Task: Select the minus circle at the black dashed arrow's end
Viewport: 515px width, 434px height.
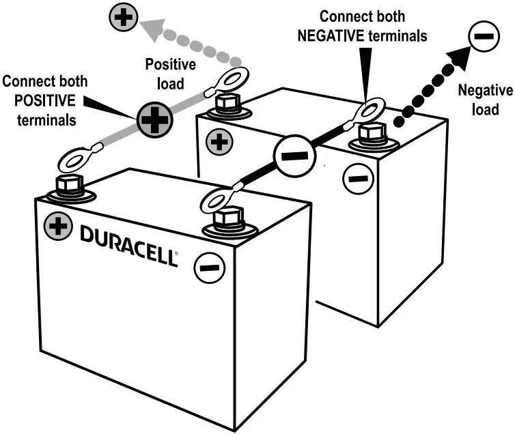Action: (x=482, y=37)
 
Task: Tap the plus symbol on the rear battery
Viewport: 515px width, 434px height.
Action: (x=219, y=142)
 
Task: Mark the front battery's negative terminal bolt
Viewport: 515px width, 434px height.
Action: (x=227, y=219)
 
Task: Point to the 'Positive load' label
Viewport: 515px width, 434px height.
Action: (x=171, y=74)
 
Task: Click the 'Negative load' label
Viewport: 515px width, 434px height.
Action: (x=479, y=99)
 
